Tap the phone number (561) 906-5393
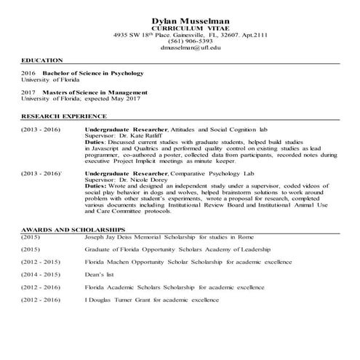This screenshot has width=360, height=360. (x=180, y=41)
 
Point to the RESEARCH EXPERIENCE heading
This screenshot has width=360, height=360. (x=64, y=116)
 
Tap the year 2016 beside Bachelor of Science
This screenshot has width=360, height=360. (x=28, y=73)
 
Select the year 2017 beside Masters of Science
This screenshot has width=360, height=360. (x=28, y=93)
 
